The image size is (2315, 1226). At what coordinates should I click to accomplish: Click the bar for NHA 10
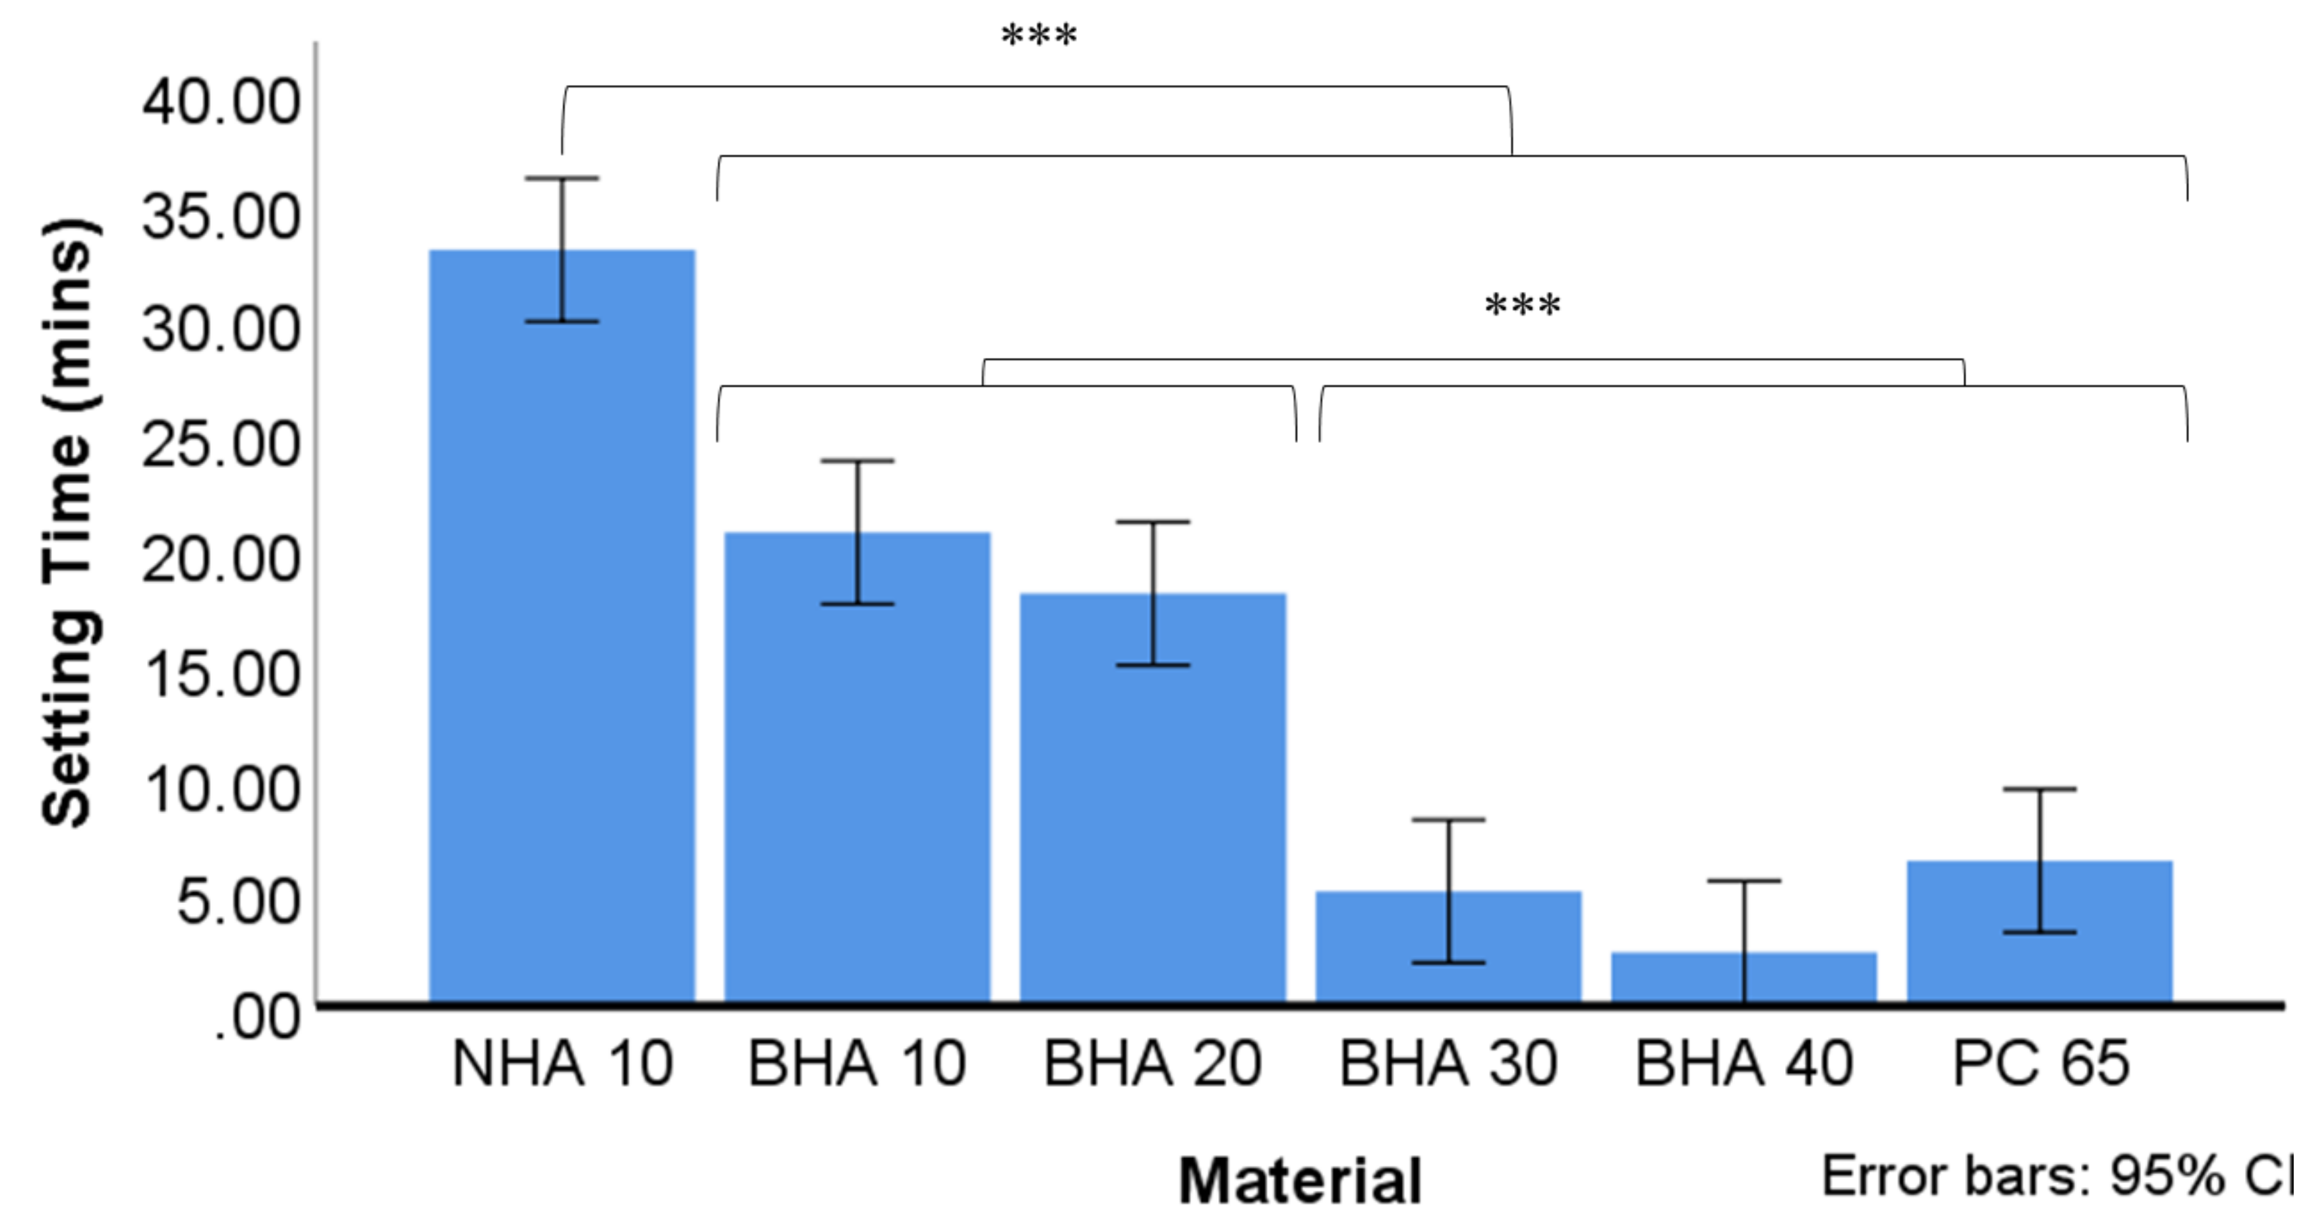click(x=562, y=629)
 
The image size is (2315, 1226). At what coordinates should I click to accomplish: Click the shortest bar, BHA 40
click(x=1744, y=978)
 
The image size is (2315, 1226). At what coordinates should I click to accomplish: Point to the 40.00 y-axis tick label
click(x=221, y=102)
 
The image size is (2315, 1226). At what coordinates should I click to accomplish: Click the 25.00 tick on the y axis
click(x=221, y=444)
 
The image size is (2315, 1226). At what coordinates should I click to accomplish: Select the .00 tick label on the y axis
click(x=256, y=1019)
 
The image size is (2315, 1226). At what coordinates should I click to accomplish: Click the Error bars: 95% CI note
click(x=2058, y=1176)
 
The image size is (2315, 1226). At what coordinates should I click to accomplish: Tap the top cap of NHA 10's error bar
click(x=562, y=178)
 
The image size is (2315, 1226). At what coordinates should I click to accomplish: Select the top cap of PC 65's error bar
click(x=2040, y=789)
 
